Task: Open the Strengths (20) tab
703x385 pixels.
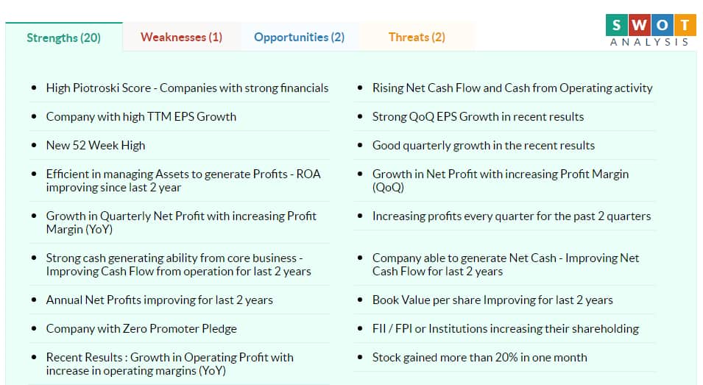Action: coord(63,38)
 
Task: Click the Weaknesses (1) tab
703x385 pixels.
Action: coord(181,38)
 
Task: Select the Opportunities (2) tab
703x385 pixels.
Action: coord(299,38)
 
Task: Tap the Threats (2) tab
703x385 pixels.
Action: coord(417,38)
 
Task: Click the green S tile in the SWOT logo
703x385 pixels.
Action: coord(616,25)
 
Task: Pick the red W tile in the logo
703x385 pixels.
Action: coord(640,25)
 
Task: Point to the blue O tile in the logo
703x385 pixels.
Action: coord(663,25)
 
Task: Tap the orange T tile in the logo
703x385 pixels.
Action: coord(685,25)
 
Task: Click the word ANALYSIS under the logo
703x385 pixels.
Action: coord(649,42)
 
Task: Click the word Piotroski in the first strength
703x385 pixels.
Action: coord(92,88)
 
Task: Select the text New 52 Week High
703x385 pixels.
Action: coord(96,145)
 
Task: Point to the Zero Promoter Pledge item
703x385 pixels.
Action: coord(141,328)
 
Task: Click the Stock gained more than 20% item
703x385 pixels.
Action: coord(479,357)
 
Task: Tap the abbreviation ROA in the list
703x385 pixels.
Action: coord(308,174)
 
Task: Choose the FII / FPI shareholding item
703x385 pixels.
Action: coord(505,328)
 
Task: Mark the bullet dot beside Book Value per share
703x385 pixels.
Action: coord(359,300)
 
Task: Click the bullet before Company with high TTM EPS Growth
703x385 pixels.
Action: coord(34,116)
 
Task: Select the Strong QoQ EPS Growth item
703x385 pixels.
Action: coord(478,116)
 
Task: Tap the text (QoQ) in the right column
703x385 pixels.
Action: coord(388,187)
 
